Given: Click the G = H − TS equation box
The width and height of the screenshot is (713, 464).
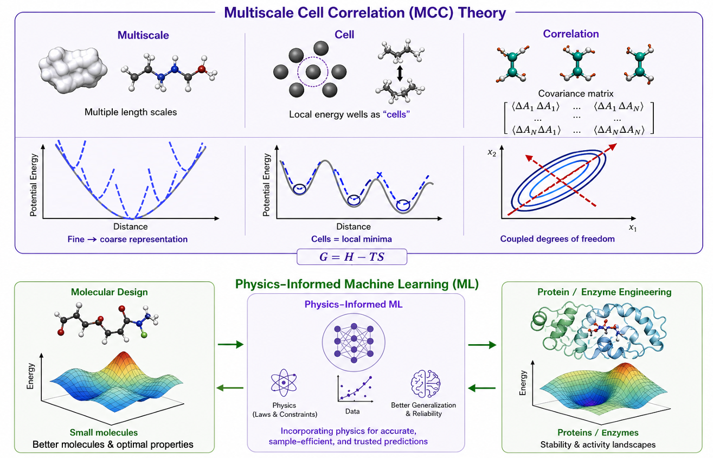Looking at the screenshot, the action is click(x=352, y=257).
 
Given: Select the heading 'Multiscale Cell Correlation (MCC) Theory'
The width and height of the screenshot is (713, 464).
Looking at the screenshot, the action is click(x=365, y=12).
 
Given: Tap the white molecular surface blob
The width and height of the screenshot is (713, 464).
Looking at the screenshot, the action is click(x=73, y=70).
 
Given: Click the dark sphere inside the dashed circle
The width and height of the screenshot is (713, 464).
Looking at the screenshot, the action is click(x=313, y=72).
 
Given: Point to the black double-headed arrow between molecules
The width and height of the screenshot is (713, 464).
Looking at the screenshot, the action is click(x=400, y=74).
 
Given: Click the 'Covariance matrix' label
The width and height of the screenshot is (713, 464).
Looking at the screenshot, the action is click(x=575, y=94).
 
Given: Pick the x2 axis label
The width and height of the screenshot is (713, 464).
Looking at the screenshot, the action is click(x=492, y=153).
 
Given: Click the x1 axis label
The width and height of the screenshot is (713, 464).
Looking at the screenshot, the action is click(x=633, y=228).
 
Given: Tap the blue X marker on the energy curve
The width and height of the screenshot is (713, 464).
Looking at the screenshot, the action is click(x=379, y=175).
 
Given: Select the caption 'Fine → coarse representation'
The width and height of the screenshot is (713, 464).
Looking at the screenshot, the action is click(x=127, y=240).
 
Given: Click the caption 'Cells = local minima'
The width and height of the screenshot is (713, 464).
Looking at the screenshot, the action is click(x=351, y=239).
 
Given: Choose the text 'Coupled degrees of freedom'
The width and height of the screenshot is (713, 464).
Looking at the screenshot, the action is click(x=557, y=239).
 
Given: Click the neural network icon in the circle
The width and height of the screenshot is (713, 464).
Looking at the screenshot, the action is click(x=354, y=343).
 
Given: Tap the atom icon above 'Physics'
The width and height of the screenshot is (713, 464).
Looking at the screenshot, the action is click(x=284, y=383).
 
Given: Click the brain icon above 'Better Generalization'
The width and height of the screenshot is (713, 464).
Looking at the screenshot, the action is click(x=426, y=384).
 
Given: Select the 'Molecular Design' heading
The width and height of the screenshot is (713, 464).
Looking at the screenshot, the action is click(x=109, y=292).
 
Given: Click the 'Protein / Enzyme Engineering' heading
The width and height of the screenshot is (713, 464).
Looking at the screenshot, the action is click(x=604, y=292).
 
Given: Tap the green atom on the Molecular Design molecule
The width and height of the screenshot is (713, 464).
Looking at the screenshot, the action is click(x=144, y=335).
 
